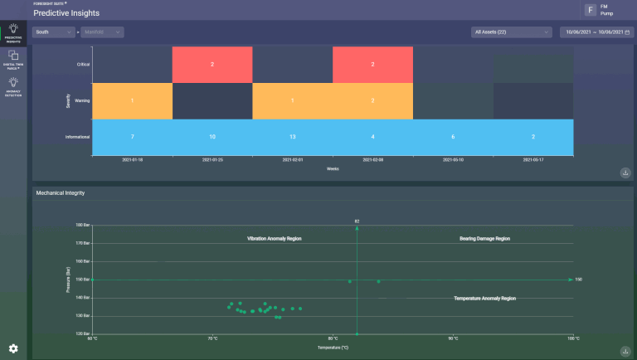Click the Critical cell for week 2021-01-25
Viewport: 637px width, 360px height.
point(212,64)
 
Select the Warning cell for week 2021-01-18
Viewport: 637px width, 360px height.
point(132,100)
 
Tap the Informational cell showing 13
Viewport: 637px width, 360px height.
point(293,136)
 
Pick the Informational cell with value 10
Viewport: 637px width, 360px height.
point(212,136)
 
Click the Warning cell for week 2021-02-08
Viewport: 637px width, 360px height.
point(372,100)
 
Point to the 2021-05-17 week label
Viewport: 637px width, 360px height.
point(533,159)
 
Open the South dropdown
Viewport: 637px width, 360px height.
point(53,32)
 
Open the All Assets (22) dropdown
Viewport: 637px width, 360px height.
point(511,32)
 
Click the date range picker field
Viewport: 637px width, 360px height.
point(596,32)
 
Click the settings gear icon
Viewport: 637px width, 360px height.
point(13,348)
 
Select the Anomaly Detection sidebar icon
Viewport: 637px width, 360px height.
point(13,85)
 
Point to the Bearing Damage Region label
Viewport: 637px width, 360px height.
point(484,238)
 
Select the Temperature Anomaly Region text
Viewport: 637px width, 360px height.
point(484,298)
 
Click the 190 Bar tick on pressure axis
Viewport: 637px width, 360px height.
point(83,225)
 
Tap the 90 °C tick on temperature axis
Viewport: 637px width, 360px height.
point(452,338)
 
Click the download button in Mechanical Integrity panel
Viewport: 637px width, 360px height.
point(624,351)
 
